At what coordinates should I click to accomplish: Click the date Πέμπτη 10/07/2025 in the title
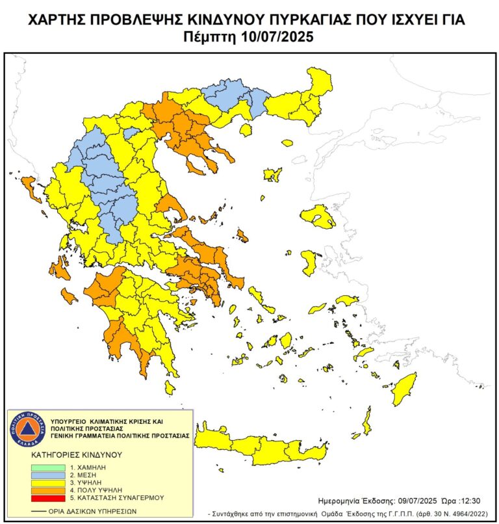[249, 37]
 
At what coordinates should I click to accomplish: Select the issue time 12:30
[470, 501]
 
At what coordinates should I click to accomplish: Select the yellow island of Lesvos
[318, 216]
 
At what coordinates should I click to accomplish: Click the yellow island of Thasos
[246, 131]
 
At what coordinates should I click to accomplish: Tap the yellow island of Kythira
[170, 388]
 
